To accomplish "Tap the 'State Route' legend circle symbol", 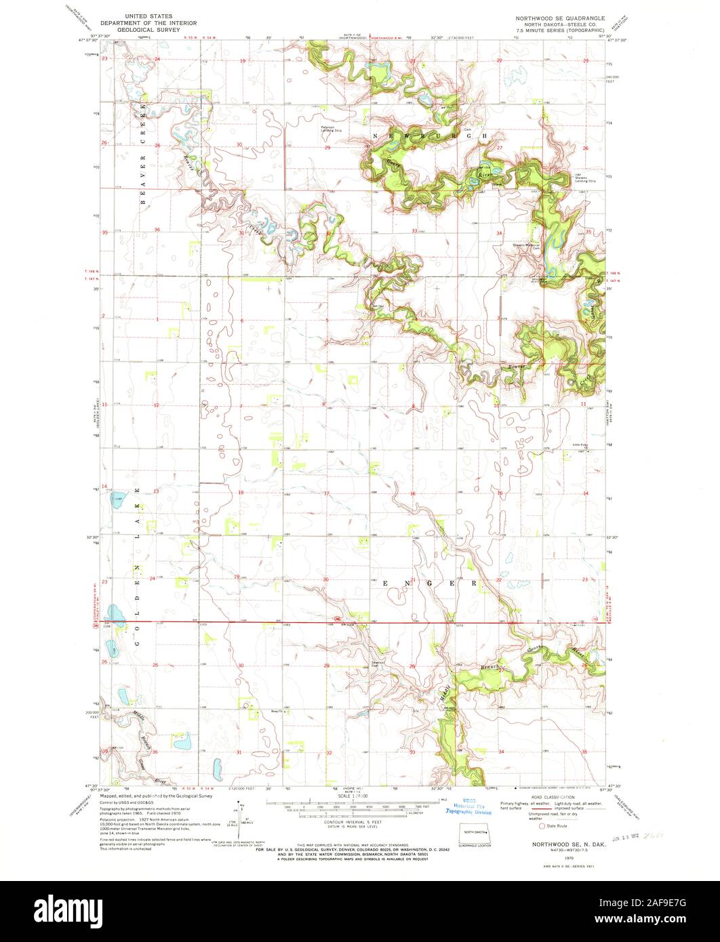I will click(x=541, y=826).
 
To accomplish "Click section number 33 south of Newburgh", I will click(x=415, y=230).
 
